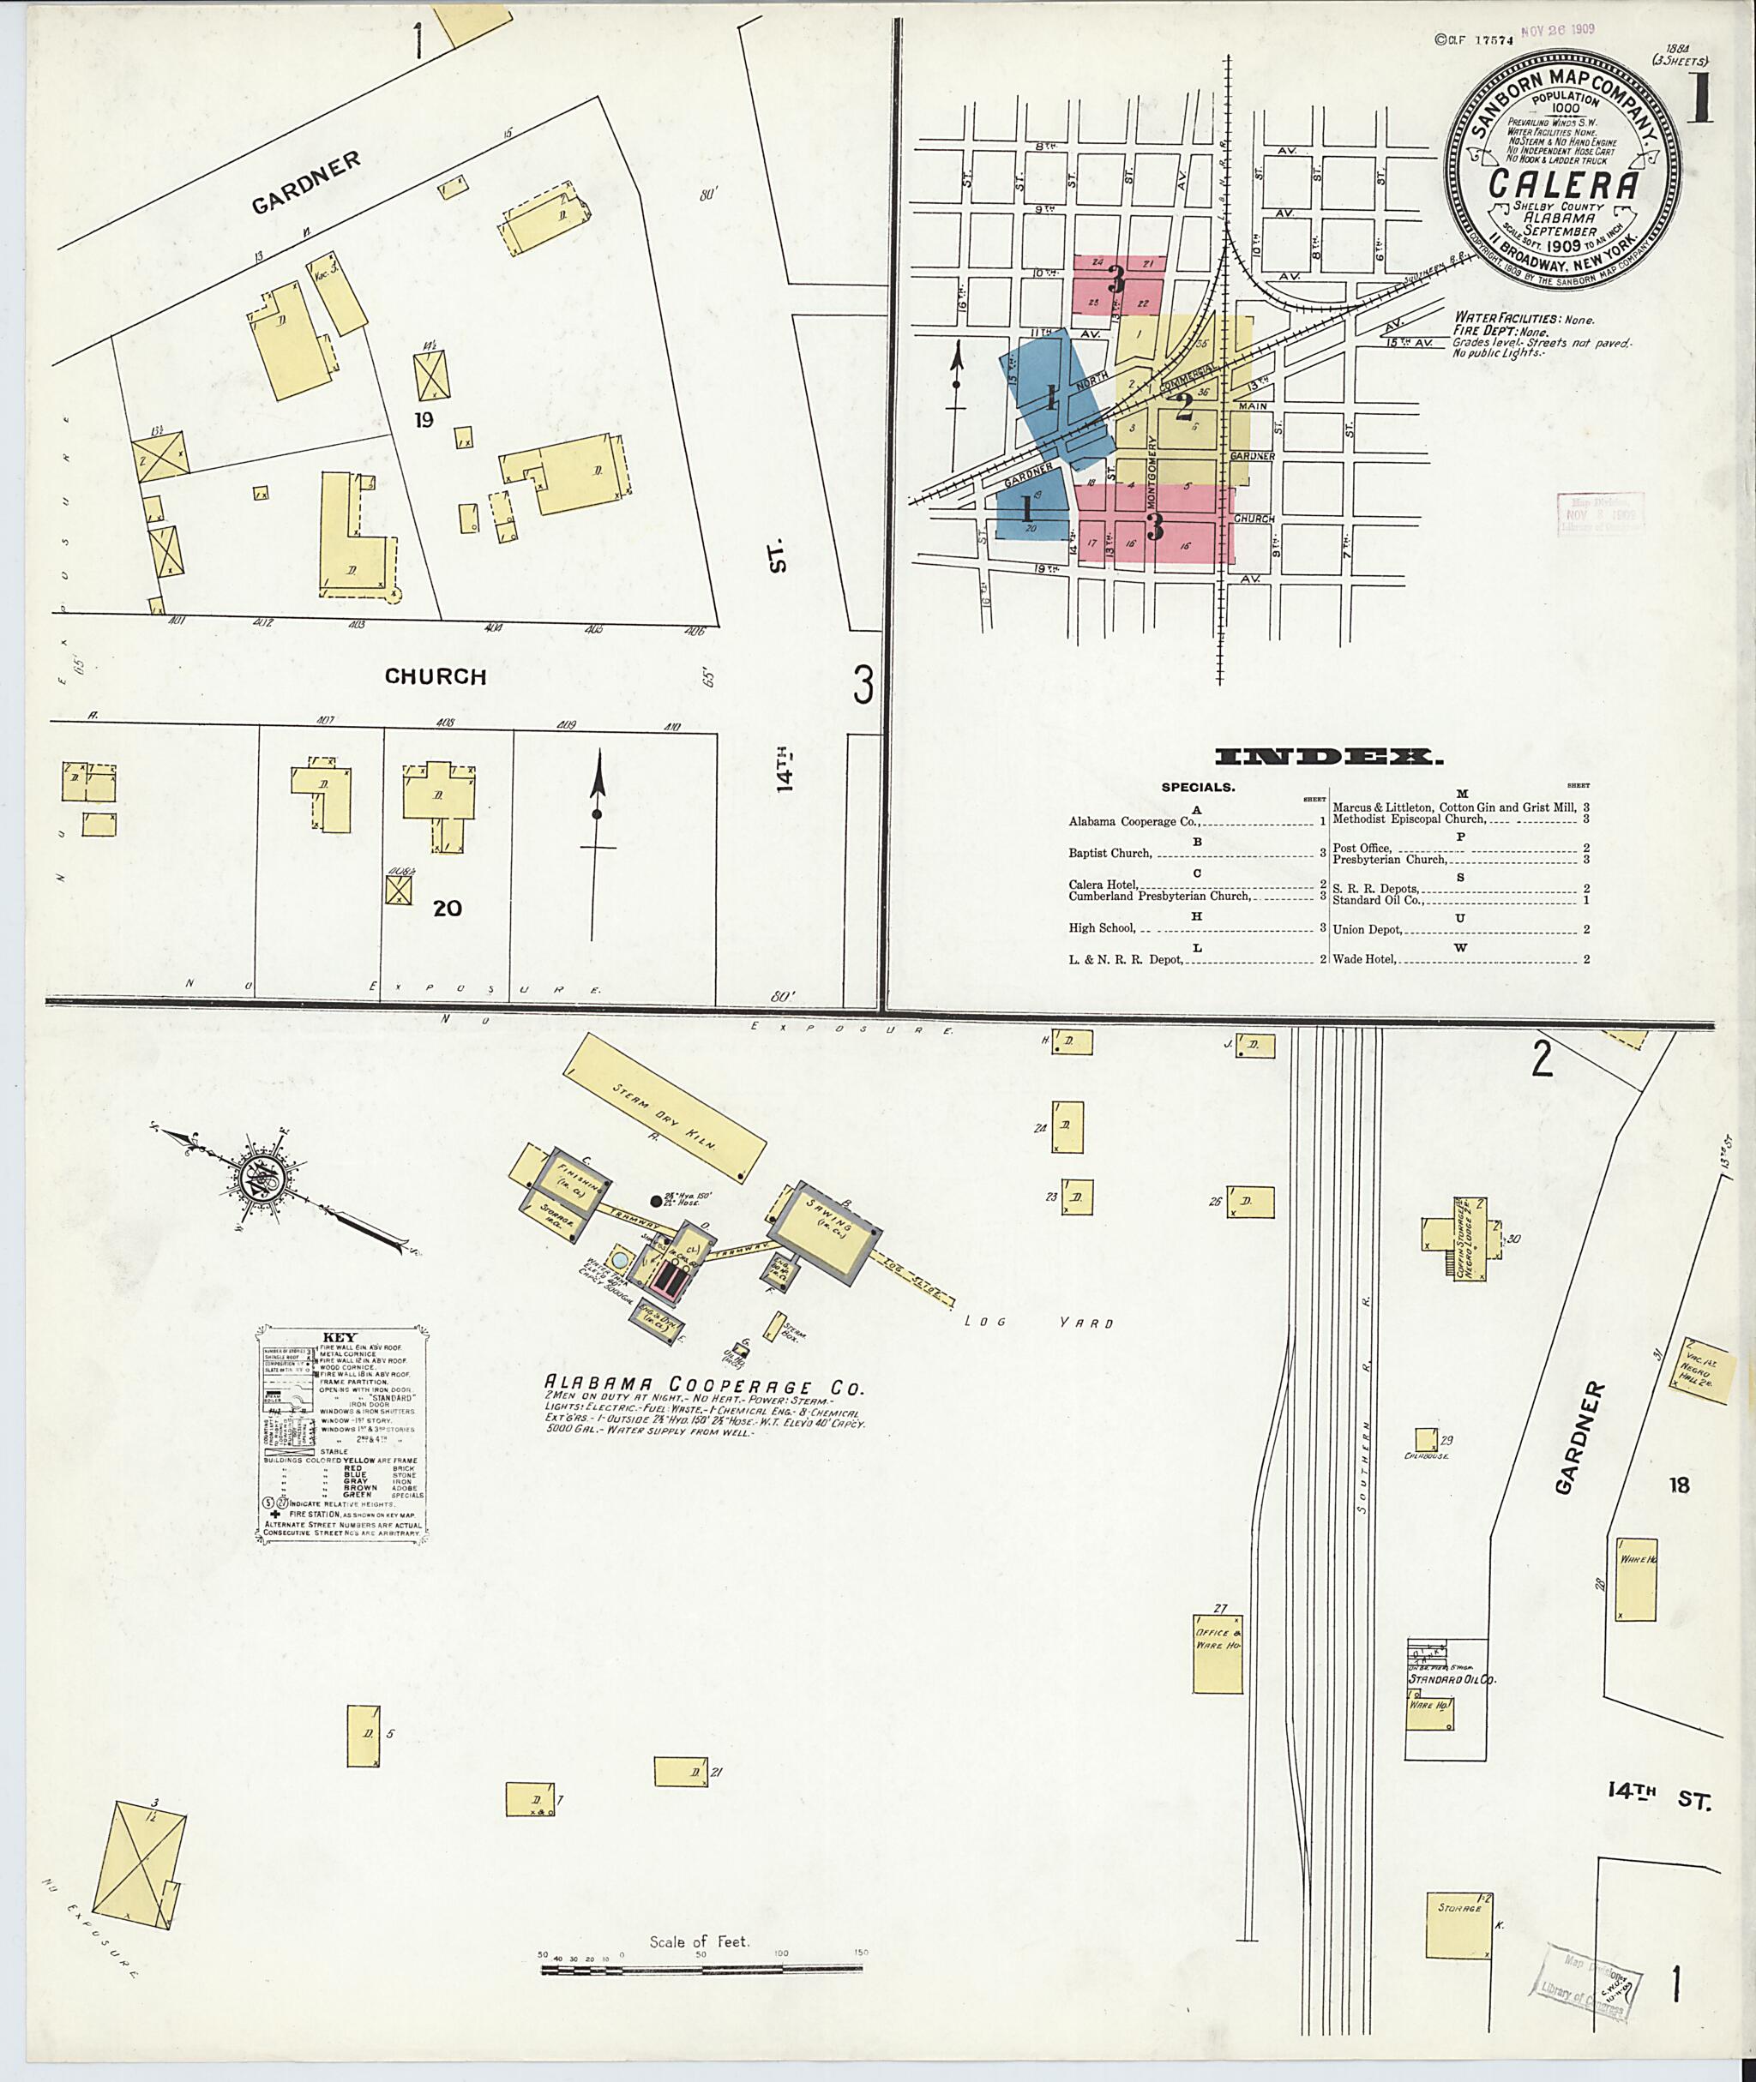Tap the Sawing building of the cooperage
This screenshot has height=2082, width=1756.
(x=824, y=1228)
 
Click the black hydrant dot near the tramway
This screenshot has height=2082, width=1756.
(x=655, y=1200)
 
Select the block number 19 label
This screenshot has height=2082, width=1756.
(x=424, y=420)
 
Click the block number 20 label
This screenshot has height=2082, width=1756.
(x=447, y=908)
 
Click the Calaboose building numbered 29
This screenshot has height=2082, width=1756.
(x=1424, y=1439)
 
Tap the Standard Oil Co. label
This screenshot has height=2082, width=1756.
(x=1452, y=1679)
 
